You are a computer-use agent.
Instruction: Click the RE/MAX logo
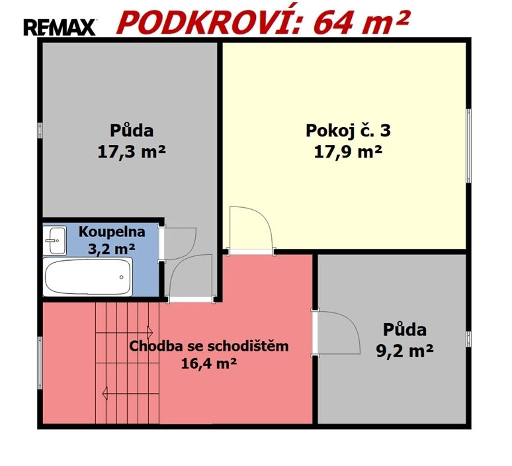click(x=60, y=27)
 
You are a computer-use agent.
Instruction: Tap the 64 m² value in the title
click(x=361, y=23)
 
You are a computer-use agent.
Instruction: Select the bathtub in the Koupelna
click(x=87, y=277)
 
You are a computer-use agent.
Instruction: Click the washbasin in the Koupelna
click(x=55, y=240)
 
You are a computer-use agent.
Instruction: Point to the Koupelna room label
click(x=112, y=232)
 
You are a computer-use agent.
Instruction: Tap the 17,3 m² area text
click(x=132, y=152)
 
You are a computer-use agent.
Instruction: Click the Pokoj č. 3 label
click(x=348, y=130)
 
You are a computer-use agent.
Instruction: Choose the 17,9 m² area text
click(x=348, y=152)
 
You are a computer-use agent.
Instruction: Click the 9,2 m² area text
click(x=405, y=351)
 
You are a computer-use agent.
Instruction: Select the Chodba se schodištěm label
click(x=209, y=346)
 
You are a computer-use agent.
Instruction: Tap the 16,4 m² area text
click(x=209, y=363)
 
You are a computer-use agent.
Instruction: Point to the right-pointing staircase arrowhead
click(x=150, y=333)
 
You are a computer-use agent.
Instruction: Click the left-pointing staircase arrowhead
click(x=105, y=393)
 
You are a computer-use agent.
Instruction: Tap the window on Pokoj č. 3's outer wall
click(x=468, y=146)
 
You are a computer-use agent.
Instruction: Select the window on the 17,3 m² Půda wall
click(x=40, y=130)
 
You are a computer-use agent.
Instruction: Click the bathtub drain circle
click(x=122, y=277)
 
